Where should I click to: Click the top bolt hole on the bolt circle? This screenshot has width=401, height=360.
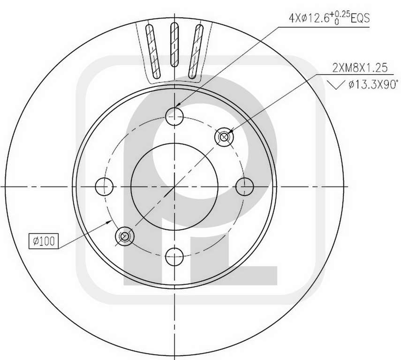point(174,116)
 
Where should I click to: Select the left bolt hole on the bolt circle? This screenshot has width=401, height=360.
point(104,187)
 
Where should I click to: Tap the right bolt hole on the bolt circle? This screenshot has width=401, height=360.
point(244,187)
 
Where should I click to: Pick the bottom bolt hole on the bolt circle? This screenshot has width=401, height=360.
point(174,257)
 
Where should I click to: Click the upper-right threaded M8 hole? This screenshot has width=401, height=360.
point(224,137)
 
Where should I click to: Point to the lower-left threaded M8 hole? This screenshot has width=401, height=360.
point(125,236)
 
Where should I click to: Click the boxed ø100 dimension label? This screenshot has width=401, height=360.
point(44,241)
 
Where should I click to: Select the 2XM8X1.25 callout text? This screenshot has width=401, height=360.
point(360,68)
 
